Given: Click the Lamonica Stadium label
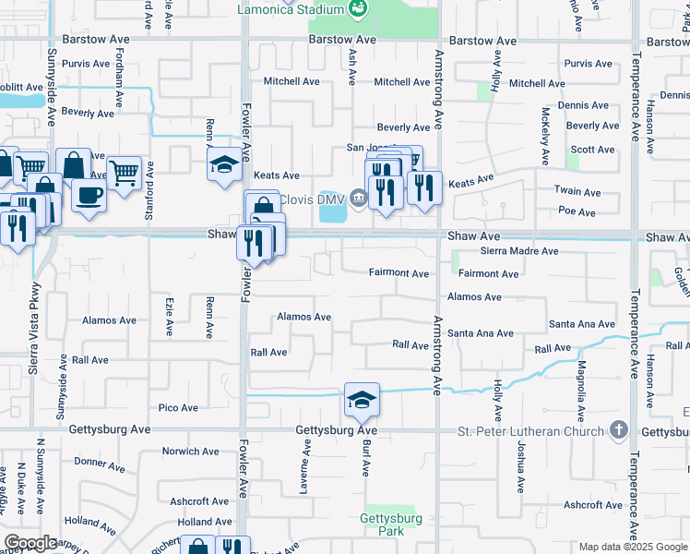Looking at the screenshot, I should tap(290, 10).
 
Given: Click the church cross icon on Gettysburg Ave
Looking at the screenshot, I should tap(619, 431).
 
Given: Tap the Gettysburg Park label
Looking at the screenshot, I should tap(391, 524).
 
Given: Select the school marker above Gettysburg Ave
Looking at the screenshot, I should tap(363, 399).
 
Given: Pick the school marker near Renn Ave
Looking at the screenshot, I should tap(223, 164).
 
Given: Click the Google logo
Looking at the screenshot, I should tap(30, 544).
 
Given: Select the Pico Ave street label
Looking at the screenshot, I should tap(178, 407).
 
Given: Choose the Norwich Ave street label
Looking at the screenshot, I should tap(191, 452).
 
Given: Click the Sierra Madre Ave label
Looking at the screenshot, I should tap(519, 251).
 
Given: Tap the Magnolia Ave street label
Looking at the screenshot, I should tap(581, 378).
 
